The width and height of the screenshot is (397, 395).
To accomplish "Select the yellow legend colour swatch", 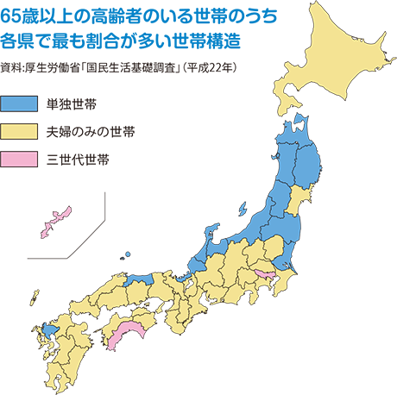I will [20, 131].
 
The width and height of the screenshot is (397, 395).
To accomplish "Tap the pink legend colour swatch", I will [20, 159].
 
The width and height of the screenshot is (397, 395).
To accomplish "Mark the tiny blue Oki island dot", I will [127, 254].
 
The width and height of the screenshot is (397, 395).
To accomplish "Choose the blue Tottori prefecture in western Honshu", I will [138, 280].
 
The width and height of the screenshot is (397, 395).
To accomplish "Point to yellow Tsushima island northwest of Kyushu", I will [35, 298].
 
